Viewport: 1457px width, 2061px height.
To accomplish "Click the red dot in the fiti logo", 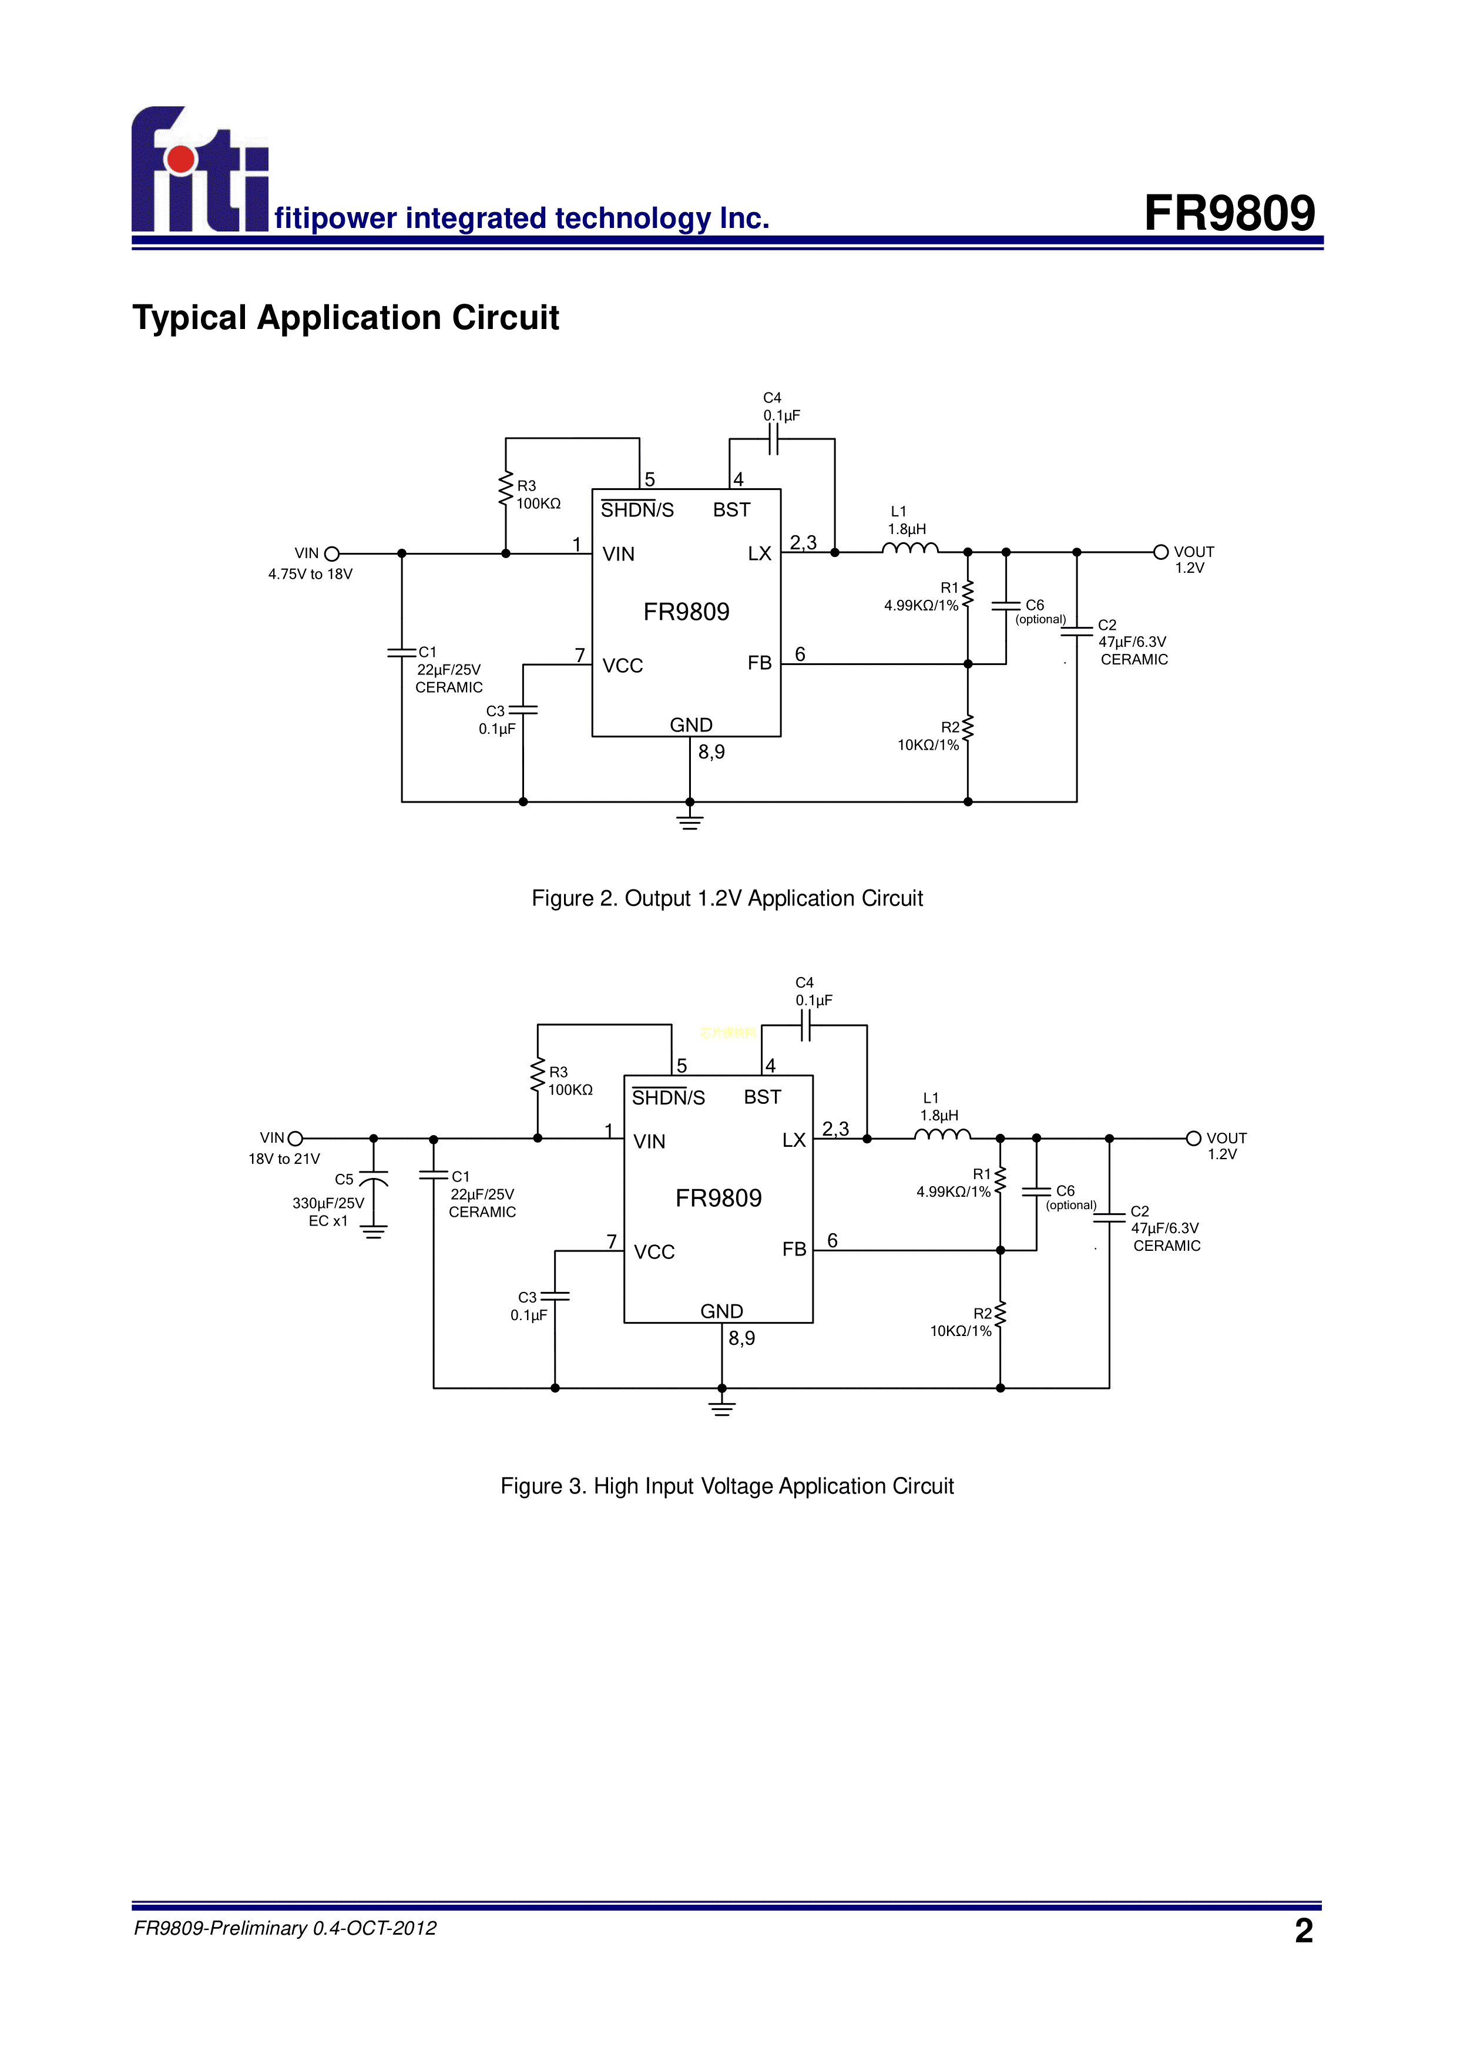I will [182, 159].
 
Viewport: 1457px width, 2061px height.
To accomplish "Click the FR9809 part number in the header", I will [1229, 214].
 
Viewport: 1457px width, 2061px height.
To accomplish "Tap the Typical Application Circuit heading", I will [345, 318].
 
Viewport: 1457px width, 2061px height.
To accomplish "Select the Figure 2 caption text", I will [727, 898].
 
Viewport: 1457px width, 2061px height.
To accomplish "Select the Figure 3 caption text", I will [727, 1486].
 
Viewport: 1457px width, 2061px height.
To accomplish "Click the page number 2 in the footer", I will [1304, 1930].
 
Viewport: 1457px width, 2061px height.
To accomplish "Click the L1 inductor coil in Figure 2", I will [910, 549].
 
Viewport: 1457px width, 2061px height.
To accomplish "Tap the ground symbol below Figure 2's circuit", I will [690, 820].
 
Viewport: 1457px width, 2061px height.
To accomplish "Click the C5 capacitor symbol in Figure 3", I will [374, 1178].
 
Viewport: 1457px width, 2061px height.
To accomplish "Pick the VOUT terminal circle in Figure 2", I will [1161, 552].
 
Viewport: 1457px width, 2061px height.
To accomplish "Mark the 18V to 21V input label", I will [284, 1159].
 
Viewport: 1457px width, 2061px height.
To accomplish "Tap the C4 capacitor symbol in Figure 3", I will [805, 1025].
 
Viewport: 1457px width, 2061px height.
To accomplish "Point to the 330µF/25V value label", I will [328, 1203].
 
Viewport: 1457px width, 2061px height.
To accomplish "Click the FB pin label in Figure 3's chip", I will [794, 1250].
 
